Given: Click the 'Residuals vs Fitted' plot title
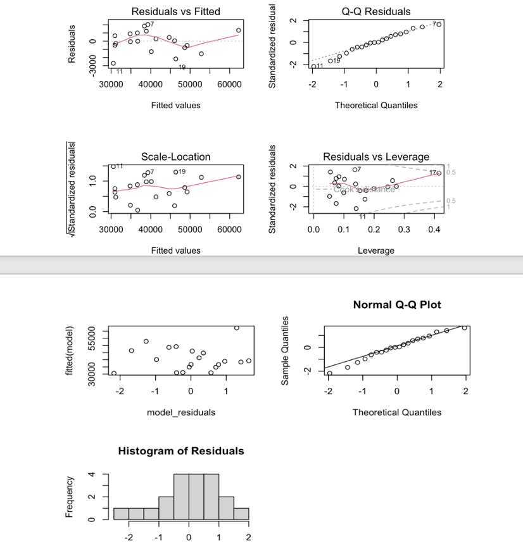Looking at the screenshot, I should [x=175, y=11].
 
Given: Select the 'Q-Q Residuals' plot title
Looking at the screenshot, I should [x=375, y=11].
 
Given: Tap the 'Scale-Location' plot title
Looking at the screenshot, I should [x=175, y=156].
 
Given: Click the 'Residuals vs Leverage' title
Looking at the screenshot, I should [x=375, y=156].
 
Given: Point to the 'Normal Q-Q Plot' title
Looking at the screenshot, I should [x=396, y=305].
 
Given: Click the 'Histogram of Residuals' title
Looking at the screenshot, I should [x=180, y=451].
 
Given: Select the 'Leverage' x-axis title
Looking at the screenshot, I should [x=375, y=251].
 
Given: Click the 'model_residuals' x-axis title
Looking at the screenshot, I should [x=180, y=412].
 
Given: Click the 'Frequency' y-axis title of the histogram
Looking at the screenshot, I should [x=70, y=497].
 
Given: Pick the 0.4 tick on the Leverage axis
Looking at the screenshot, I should [x=434, y=228].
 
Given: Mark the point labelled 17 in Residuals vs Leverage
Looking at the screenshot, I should [x=439, y=173].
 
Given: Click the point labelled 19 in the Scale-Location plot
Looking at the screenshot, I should [x=175, y=172].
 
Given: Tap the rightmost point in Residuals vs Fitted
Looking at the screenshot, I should [x=239, y=30].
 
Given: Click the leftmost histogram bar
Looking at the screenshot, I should [x=121, y=514].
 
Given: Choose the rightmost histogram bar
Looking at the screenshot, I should [x=241, y=514].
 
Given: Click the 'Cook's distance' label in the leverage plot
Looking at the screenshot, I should [x=365, y=189].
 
